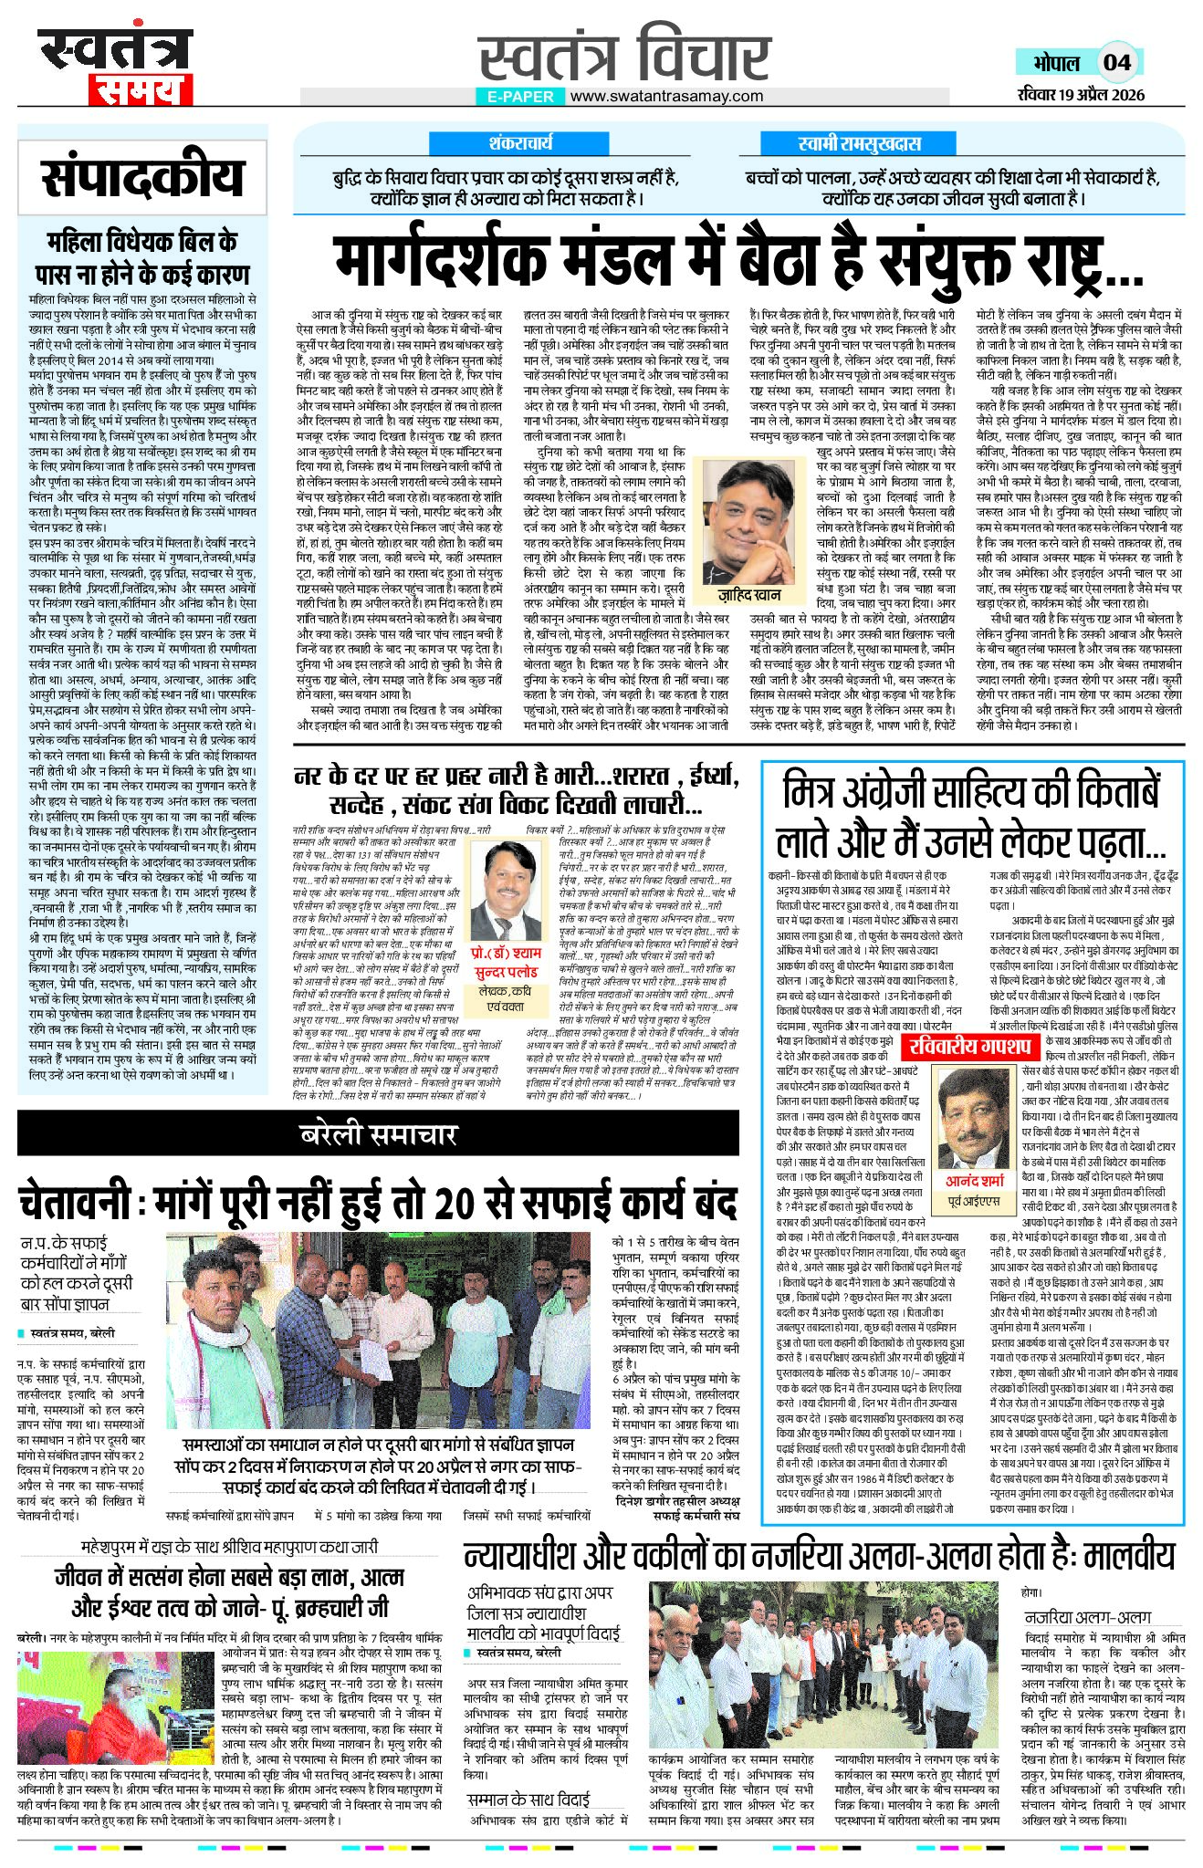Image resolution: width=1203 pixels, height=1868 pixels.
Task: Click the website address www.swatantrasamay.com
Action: click(x=668, y=96)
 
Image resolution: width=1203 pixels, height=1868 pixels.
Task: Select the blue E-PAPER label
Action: click(x=520, y=96)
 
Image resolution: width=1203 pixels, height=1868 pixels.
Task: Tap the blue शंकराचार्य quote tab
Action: click(x=520, y=143)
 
